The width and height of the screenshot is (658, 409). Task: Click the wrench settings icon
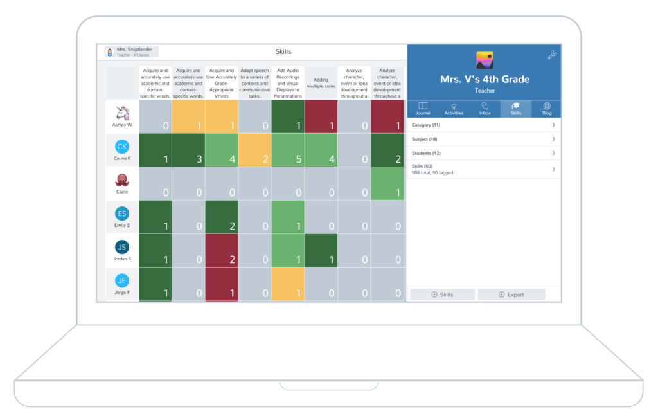pyautogui.click(x=552, y=55)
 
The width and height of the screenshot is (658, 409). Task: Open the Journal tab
pyautogui.click(x=423, y=109)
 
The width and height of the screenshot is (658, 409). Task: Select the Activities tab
pyautogui.click(x=454, y=109)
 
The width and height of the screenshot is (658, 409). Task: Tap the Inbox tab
pyautogui.click(x=485, y=109)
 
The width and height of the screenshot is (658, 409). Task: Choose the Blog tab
pyautogui.click(x=547, y=109)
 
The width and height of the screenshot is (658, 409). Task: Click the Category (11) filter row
pyautogui.click(x=484, y=125)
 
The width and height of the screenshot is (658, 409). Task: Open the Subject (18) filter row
pyautogui.click(x=484, y=140)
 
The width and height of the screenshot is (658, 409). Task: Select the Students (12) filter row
pyautogui.click(x=484, y=154)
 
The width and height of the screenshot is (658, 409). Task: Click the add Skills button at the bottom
pyautogui.click(x=442, y=295)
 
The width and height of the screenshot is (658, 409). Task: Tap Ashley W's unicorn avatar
pyautogui.click(x=122, y=113)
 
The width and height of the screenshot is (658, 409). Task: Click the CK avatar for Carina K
pyautogui.click(x=122, y=147)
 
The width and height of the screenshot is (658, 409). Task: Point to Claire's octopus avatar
pyautogui.click(x=122, y=180)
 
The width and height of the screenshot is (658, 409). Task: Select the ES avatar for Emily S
pyautogui.click(x=122, y=214)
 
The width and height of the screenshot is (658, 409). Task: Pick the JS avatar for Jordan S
pyautogui.click(x=122, y=247)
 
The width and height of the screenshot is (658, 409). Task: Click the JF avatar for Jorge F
pyautogui.click(x=122, y=280)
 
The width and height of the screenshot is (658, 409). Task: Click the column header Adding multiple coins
pyautogui.click(x=321, y=84)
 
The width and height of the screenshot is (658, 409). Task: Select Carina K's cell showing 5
pyautogui.click(x=288, y=150)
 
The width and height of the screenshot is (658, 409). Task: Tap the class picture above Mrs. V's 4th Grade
pyautogui.click(x=485, y=60)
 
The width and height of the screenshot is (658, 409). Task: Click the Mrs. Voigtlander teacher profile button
pyautogui.click(x=132, y=52)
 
